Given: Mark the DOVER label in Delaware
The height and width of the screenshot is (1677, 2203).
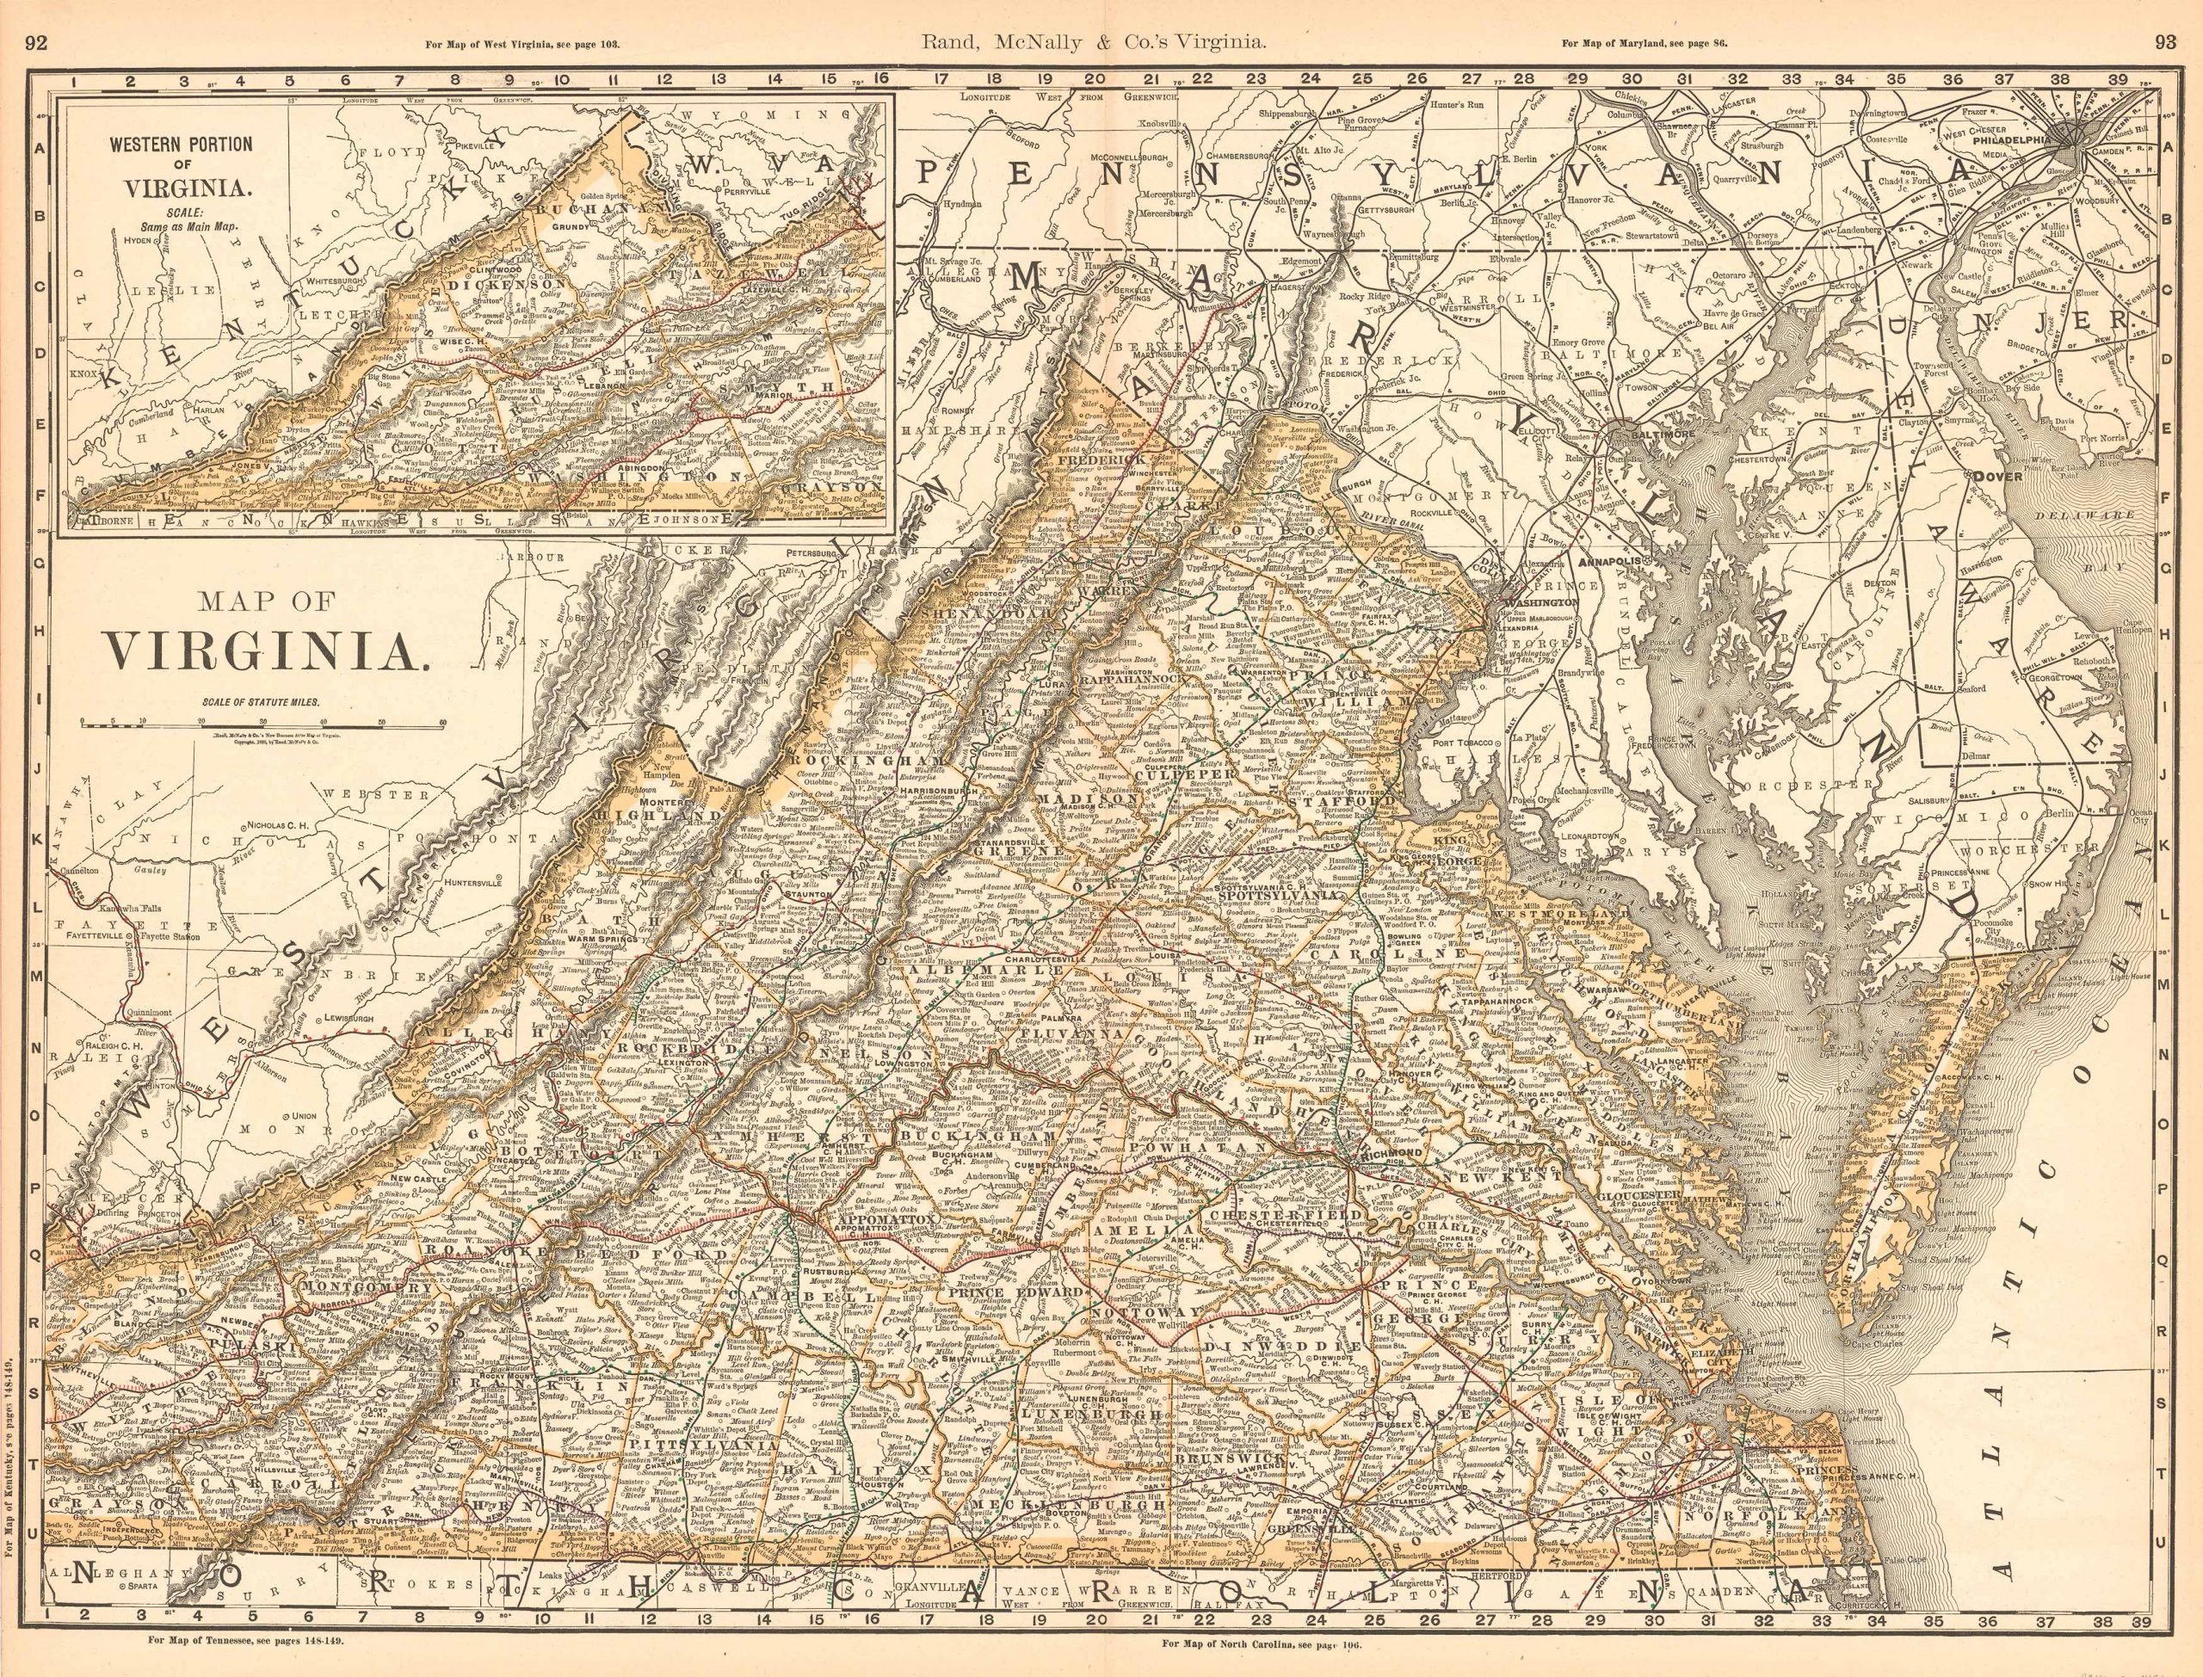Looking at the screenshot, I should (x=1996, y=476).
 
